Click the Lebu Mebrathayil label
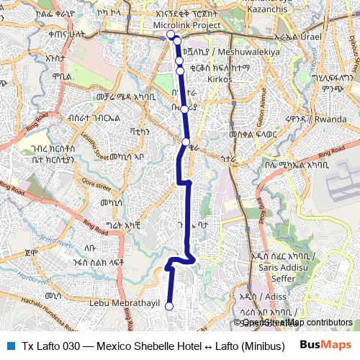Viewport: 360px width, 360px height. coord(124,304)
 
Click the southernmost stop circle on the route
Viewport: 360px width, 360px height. coord(169,307)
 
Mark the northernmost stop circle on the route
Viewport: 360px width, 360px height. coord(171,34)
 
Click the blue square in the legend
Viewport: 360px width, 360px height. coord(9,345)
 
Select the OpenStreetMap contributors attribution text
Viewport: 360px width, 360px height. coord(295,323)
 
